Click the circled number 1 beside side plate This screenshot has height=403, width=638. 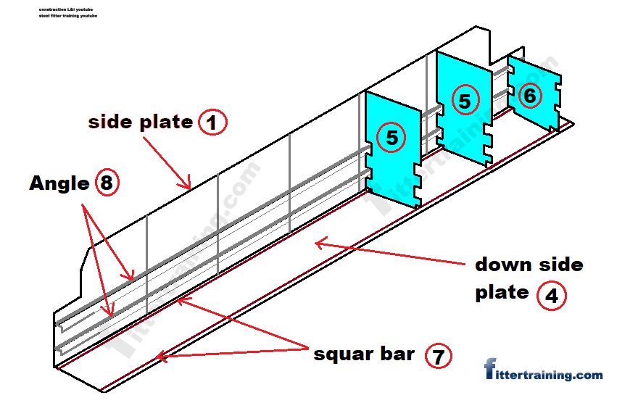click(x=212, y=122)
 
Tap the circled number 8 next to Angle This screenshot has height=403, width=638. click(x=106, y=183)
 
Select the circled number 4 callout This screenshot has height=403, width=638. click(x=551, y=296)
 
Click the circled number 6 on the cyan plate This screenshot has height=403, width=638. click(x=530, y=95)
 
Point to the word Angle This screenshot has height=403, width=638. click(x=59, y=184)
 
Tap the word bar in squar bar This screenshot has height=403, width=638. click(x=398, y=354)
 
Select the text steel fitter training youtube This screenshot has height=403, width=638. click(x=69, y=15)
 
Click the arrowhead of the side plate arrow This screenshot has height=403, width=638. click(x=189, y=187)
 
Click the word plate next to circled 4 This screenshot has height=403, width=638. click(x=502, y=293)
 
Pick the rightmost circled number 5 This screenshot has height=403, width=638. click(x=464, y=100)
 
